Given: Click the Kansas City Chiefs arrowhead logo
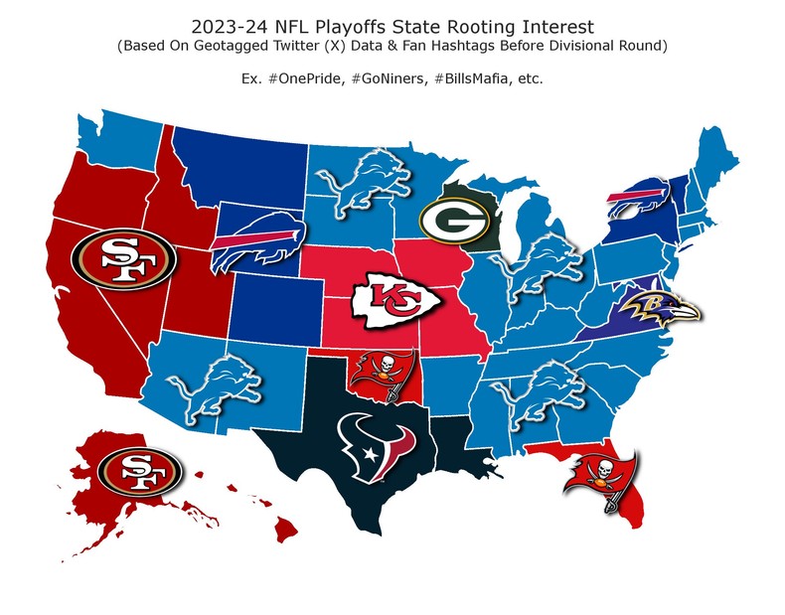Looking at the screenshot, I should coord(388,299).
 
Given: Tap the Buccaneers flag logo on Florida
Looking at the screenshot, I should coord(599,481).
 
